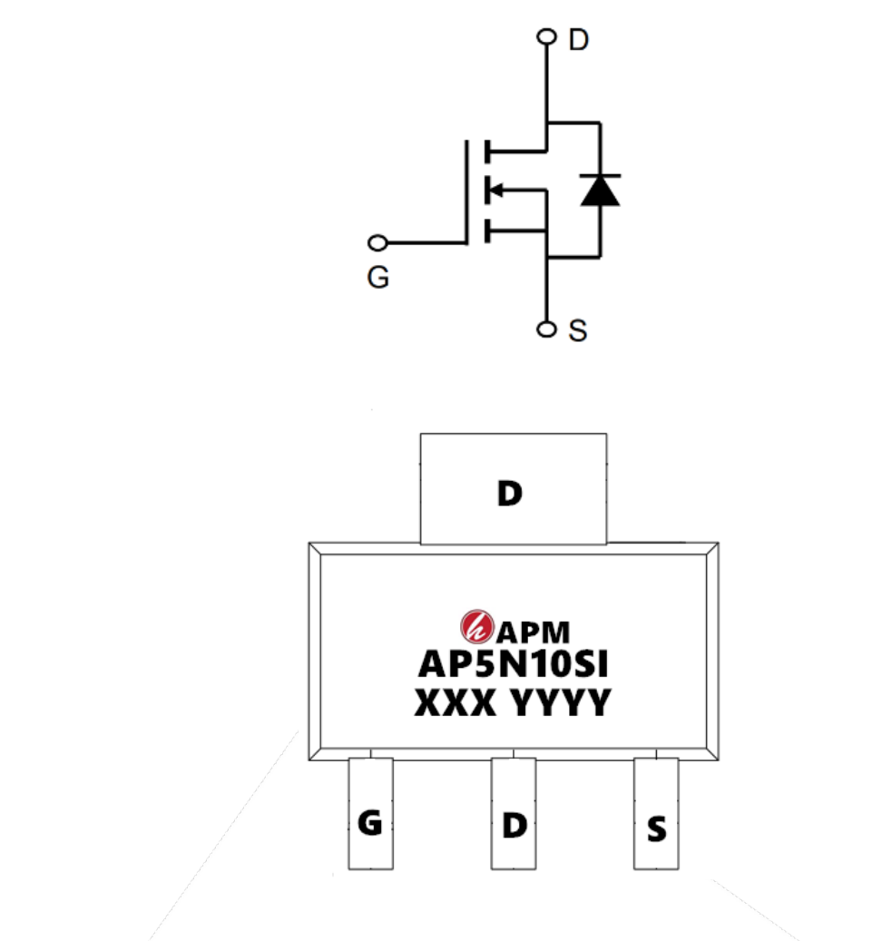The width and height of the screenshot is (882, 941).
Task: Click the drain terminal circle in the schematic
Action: click(546, 36)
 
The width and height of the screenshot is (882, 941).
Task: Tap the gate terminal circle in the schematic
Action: click(377, 243)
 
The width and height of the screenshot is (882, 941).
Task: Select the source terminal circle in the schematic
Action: click(546, 329)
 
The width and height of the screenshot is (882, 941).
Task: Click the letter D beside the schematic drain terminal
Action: click(579, 40)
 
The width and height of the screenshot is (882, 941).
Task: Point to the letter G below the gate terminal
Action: click(378, 278)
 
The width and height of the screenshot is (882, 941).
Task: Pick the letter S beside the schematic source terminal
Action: click(577, 330)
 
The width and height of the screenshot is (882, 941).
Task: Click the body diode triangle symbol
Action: click(601, 191)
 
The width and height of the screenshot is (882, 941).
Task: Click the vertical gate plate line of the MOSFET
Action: click(466, 192)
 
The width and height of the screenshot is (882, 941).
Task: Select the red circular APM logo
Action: click(477, 626)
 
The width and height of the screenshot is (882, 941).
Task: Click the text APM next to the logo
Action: click(533, 632)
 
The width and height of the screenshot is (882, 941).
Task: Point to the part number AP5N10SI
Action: click(513, 664)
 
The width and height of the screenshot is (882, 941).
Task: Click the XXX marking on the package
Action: click(456, 702)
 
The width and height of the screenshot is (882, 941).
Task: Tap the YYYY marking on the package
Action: click(562, 702)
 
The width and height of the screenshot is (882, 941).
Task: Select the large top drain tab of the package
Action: click(514, 488)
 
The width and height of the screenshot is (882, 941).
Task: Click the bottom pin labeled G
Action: click(371, 813)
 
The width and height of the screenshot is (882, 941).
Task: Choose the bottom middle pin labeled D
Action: click(514, 813)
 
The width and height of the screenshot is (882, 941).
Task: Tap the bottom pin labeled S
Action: click(656, 813)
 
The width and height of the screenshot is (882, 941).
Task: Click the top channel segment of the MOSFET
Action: click(487, 152)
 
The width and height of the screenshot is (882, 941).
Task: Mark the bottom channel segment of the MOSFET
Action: click(487, 230)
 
